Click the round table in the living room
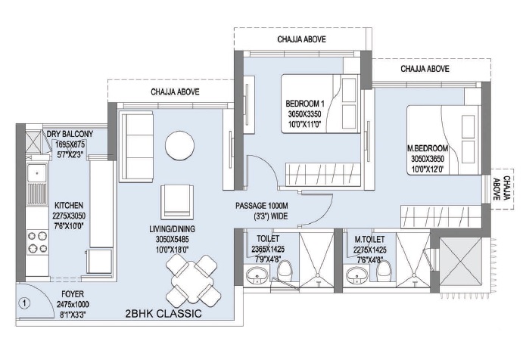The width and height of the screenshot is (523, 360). tap(182, 144)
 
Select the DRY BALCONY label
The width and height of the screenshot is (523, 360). tap(75, 135)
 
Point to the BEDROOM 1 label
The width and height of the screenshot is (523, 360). tap(305, 104)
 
